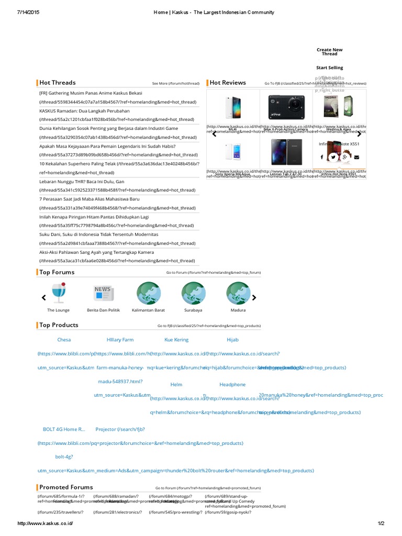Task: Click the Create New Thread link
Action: [x=329, y=52]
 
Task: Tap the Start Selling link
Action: [x=329, y=68]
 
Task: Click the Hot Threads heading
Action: [x=57, y=83]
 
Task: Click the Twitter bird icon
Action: [x=333, y=157]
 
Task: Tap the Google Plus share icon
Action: [x=345, y=157]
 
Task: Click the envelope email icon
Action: [x=356, y=157]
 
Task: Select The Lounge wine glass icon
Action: [x=58, y=293]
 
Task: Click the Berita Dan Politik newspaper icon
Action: [x=103, y=293]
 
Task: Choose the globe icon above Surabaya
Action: [x=193, y=293]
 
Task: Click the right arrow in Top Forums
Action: [x=254, y=298]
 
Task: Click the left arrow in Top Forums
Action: [x=44, y=298]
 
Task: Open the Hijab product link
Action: [x=232, y=340]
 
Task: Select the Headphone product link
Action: [x=232, y=384]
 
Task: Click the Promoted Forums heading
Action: [x=66, y=487]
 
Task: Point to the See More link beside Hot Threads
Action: [x=175, y=83]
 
